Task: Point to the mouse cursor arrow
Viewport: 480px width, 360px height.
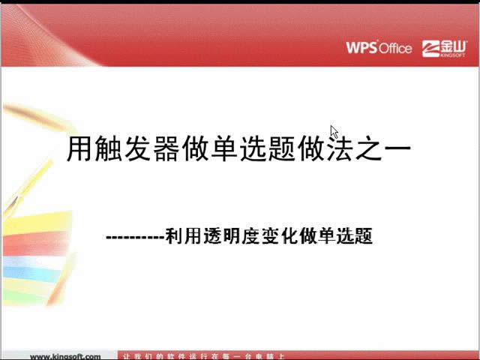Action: [x=334, y=132]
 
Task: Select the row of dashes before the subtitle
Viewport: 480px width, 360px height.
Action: [x=136, y=238]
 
